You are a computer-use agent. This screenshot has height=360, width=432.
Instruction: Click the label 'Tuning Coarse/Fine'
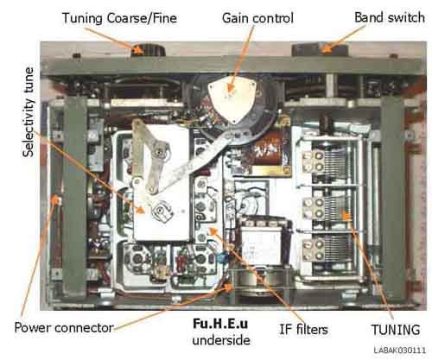(119, 18)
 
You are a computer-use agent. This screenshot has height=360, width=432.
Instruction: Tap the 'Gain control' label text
(257, 18)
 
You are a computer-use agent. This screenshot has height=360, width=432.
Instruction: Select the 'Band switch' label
(390, 17)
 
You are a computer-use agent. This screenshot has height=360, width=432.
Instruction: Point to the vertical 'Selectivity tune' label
(29, 112)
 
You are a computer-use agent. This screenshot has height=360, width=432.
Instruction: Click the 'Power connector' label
(64, 328)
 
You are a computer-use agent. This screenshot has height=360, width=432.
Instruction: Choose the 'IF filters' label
(303, 329)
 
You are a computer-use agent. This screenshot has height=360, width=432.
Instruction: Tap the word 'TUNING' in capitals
(396, 330)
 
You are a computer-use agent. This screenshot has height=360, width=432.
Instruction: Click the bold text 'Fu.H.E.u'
(220, 324)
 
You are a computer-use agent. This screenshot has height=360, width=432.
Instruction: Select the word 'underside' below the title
(221, 340)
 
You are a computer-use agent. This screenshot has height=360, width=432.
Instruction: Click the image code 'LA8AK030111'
(400, 351)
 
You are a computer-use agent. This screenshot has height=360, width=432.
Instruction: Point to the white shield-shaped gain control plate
(232, 99)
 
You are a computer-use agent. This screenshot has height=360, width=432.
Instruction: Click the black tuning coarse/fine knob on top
(149, 49)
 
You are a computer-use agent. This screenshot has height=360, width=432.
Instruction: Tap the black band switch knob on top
(320, 49)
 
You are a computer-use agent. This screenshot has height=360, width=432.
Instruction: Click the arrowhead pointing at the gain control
(230, 88)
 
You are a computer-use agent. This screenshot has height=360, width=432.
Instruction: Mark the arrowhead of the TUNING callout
(346, 217)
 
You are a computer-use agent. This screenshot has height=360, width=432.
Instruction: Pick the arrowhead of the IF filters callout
(213, 231)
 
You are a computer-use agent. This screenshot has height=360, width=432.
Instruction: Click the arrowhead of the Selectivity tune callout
(140, 210)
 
